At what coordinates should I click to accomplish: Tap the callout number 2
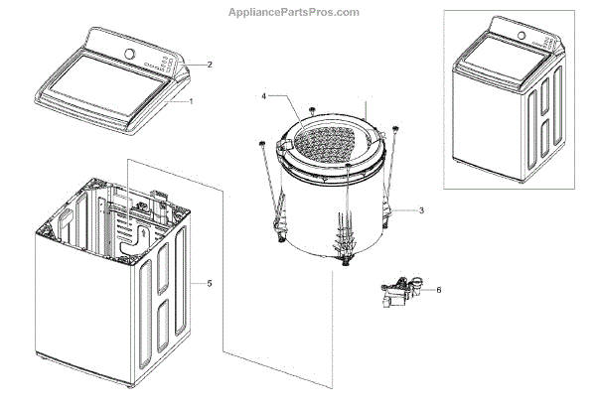click(210, 65)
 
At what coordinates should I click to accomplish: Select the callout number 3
click(421, 210)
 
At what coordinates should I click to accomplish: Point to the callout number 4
click(263, 96)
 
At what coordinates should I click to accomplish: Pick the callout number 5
click(210, 283)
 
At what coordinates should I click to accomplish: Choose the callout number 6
click(440, 290)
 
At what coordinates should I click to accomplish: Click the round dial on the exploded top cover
click(129, 53)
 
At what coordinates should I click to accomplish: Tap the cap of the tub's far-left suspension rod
click(261, 144)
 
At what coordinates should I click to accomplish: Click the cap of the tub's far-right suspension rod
click(395, 127)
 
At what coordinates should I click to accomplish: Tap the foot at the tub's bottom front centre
click(347, 261)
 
